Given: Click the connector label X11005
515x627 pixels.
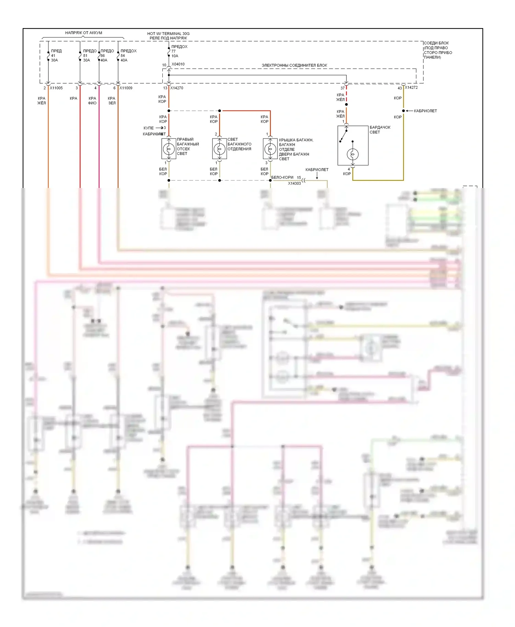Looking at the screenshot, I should coord(56,88).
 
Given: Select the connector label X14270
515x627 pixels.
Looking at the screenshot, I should coord(177,88).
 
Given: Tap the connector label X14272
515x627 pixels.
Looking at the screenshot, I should coord(411,87).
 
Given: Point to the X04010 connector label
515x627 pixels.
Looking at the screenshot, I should coord(178,64).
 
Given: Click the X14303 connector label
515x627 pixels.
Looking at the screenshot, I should coord(294,184).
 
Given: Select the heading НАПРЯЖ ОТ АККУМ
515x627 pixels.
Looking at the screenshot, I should coord(83,33).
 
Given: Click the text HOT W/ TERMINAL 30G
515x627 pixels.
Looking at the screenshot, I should coord(168,34).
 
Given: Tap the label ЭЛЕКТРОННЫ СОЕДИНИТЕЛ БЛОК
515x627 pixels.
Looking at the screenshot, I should coord(294,65).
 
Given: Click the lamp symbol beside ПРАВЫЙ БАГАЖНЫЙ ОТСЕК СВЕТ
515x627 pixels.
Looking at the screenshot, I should coord(169,149).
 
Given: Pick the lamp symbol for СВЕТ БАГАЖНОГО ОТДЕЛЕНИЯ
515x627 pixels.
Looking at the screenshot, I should coord(219,149).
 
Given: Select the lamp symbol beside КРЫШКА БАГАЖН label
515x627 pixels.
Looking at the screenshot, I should coord(270,149).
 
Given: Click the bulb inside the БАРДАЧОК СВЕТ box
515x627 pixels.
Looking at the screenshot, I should coord(353,154).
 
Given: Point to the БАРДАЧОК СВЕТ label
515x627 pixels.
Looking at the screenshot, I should coord(380,130).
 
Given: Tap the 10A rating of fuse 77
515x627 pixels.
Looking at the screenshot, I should coord(175,56).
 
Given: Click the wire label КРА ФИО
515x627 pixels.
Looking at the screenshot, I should coord(92,100).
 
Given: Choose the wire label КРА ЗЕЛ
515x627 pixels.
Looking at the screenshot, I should coord(112,100).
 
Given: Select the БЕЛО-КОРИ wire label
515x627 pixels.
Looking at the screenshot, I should coord(282,177).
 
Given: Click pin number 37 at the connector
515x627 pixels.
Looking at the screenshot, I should coord(342,88).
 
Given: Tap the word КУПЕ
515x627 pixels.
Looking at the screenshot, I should coord(149,128).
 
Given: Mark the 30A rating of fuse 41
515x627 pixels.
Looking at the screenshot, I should coord(54,60).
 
